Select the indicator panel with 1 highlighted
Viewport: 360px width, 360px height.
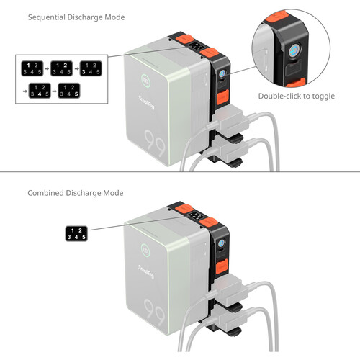(x=32, y=68)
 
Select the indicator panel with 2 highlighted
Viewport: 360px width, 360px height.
(x=61, y=68)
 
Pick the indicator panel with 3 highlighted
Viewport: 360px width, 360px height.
(x=91, y=68)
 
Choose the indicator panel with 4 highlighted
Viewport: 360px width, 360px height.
(x=40, y=91)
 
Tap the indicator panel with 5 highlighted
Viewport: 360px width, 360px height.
(x=69, y=91)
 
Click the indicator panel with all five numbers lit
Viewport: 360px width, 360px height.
(x=76, y=234)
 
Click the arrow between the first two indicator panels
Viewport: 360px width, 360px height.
(x=47, y=68)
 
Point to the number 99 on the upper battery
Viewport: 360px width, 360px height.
(x=156, y=143)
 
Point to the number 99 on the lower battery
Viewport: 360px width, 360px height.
(x=155, y=312)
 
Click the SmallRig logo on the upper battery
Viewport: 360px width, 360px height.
(x=146, y=102)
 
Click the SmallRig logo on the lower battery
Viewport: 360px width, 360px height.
(x=146, y=272)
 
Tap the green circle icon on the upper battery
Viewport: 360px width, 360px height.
(x=145, y=80)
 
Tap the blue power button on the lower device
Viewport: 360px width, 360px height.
(x=222, y=243)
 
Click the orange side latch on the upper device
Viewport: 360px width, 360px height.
(x=222, y=97)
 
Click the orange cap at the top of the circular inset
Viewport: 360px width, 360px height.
(x=277, y=17)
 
